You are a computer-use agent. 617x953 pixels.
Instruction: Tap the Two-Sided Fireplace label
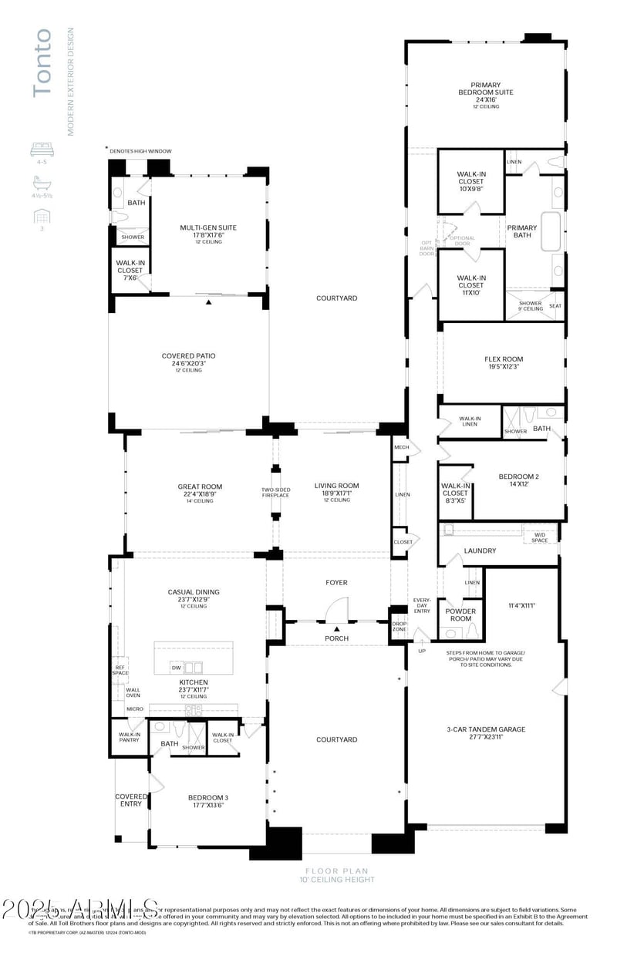pos(275,492)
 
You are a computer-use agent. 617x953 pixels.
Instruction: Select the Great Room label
pos(200,487)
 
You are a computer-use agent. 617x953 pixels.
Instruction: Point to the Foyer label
pos(337,582)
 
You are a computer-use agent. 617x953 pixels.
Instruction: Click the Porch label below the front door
pos(337,638)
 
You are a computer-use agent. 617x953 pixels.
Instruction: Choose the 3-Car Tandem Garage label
pos(486,729)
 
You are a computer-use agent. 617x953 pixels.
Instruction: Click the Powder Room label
pos(461,615)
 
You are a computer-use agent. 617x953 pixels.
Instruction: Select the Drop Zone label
pos(399,626)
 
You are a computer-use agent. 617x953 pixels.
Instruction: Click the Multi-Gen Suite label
pos(208,227)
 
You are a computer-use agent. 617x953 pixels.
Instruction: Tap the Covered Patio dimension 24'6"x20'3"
pos(188,363)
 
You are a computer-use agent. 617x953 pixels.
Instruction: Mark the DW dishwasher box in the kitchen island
pos(177,668)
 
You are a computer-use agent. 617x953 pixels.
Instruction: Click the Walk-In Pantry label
pos(130,737)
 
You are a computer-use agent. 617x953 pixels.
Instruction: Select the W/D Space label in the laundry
pos(540,537)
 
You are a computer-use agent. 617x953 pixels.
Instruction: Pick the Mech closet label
pos(401,447)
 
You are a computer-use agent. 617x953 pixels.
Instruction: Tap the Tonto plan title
pos(42,62)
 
